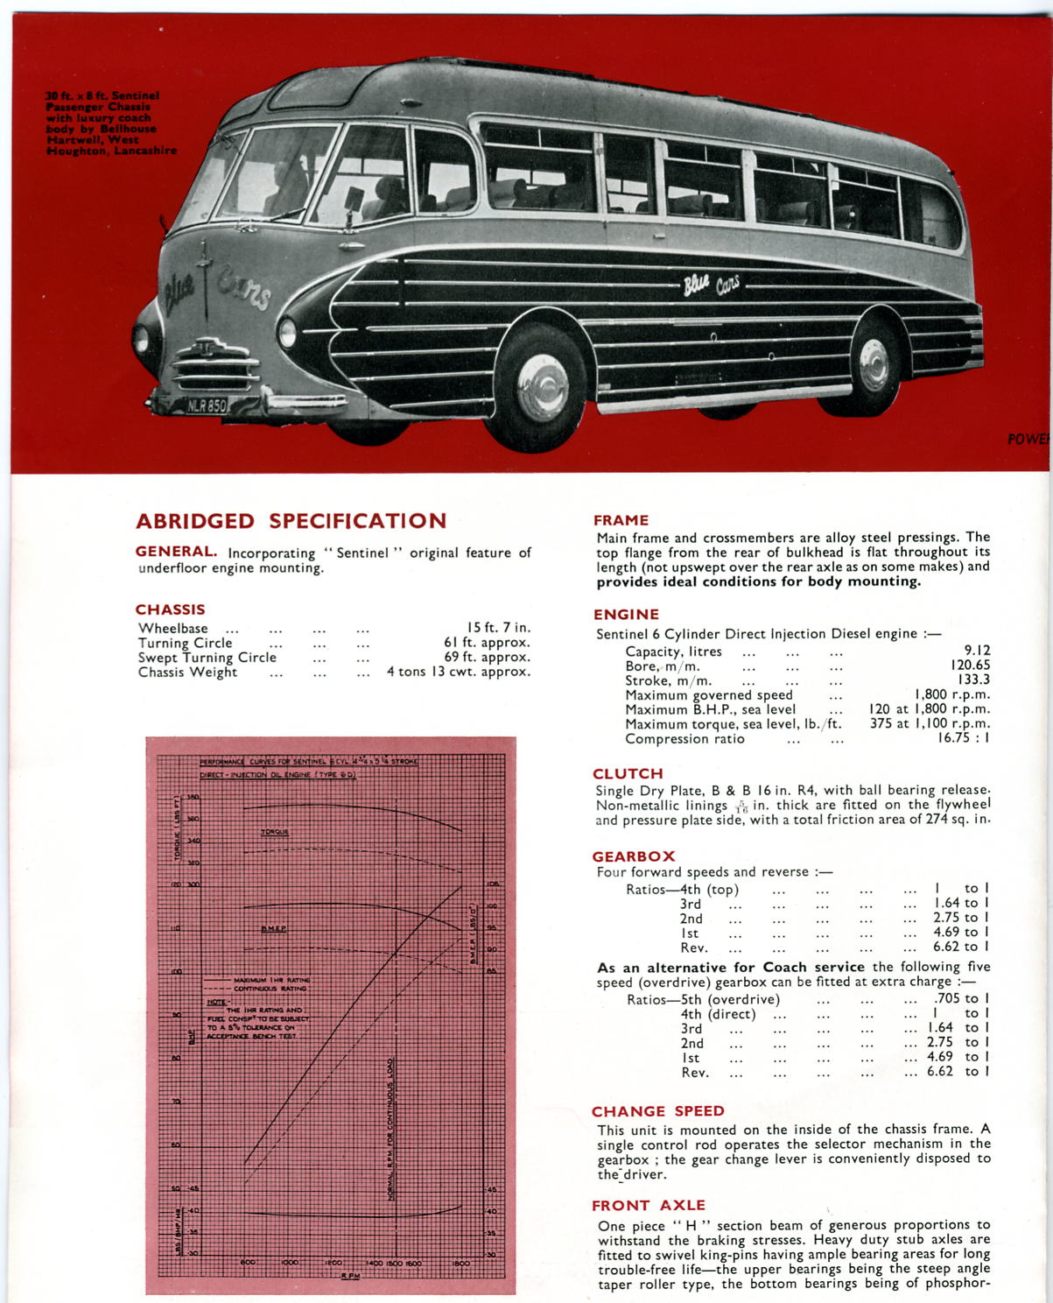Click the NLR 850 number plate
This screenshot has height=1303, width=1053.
pos(207,405)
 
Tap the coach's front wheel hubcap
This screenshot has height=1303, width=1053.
pos(542,387)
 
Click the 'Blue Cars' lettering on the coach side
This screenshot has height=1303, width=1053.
pos(711,284)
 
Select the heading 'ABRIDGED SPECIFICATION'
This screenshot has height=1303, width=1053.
pos(291,521)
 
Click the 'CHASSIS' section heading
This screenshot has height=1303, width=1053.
pos(170,609)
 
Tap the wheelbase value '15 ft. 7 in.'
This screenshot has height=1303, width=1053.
pos(498,628)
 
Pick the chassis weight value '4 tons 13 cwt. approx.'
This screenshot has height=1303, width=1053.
pos(459,672)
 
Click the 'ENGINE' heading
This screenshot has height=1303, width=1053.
pos(626,615)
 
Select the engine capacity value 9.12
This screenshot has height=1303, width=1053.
pos(977,651)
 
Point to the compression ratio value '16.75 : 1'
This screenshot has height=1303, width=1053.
pos(964,738)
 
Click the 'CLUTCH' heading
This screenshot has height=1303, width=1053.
pos(628,773)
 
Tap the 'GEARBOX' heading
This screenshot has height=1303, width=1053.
pos(634,856)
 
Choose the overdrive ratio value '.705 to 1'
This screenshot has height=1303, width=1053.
pos(961,998)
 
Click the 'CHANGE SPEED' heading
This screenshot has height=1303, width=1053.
pos(658,1111)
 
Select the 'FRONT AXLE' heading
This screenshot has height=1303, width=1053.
pos(649,1206)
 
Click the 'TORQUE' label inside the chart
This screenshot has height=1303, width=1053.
pos(275,832)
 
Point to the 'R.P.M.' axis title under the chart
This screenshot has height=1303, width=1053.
pos(350,1275)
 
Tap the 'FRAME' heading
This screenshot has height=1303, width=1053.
pos(621,520)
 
